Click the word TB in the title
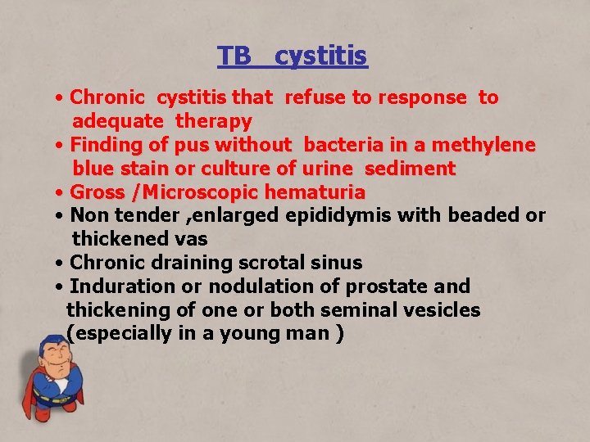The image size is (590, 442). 234,56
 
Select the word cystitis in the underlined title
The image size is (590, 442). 321,56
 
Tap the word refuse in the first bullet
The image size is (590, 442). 315,97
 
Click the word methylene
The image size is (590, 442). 483,145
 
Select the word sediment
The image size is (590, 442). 410,169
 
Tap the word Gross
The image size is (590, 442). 96,192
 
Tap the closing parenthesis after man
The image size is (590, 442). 339,334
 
